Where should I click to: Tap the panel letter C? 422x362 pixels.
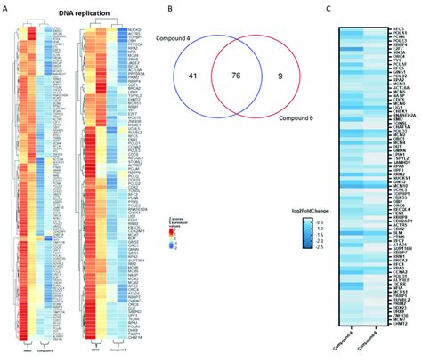(x=329, y=9)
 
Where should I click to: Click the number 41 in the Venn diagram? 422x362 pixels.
(x=193, y=77)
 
